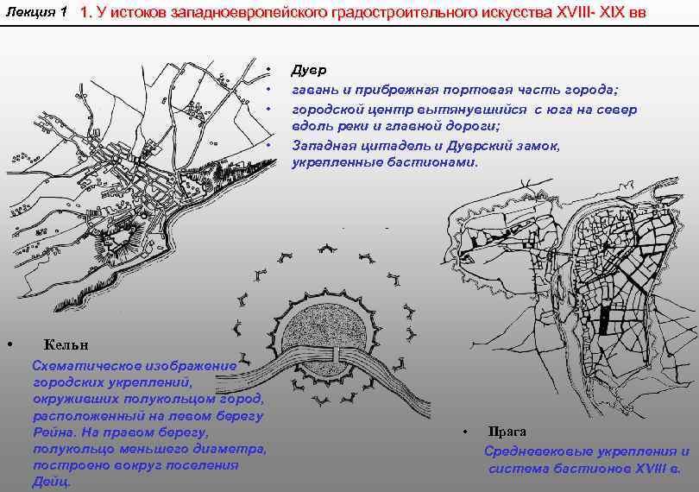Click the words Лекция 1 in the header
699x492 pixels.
(36, 12)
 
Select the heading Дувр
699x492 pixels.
(308, 70)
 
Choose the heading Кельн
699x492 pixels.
(66, 344)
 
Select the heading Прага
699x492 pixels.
(507, 432)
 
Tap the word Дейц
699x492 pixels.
(51, 483)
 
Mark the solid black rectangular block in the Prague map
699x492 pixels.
(603, 321)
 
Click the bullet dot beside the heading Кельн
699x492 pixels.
(10, 344)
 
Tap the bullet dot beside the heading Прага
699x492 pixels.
(465, 432)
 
